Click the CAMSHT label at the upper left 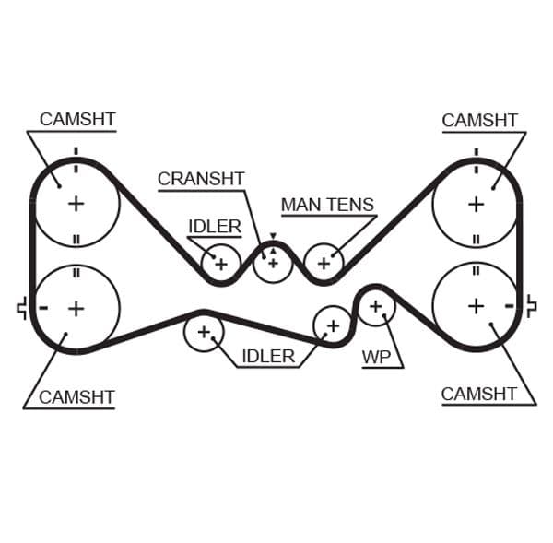tap(77, 120)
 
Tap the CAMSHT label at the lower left tap(76, 397)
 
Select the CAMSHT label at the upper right tap(479, 120)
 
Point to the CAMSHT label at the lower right tap(478, 395)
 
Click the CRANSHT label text tap(201, 179)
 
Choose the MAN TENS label tap(327, 205)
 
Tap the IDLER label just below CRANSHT tap(214, 227)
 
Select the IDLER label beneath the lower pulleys tap(267, 356)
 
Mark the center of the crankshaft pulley tap(273, 263)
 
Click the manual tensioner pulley tap(324, 263)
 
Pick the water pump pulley tap(375, 306)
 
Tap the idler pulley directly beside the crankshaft tap(221, 264)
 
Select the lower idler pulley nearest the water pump tap(333, 325)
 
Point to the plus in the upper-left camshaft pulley tap(76, 203)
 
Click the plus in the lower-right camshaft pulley tap(476, 305)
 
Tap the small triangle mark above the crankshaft tap(273, 237)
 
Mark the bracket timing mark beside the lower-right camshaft tap(530, 306)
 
